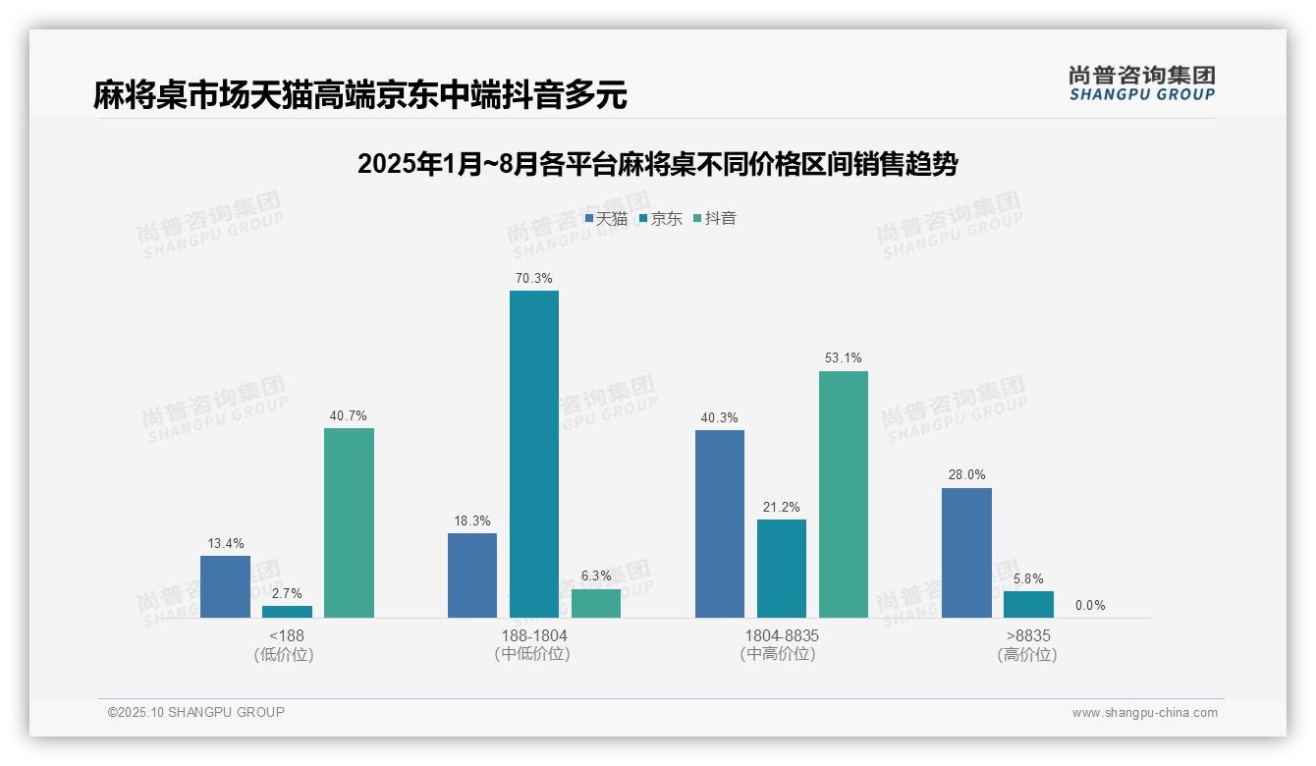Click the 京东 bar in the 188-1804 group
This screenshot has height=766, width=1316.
coord(533,454)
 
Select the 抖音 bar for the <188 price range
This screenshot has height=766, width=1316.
coord(349,522)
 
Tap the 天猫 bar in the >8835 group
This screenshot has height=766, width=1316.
coord(966,553)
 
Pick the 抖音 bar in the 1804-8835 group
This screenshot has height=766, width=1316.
coord(843,494)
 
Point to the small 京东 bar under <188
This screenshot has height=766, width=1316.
coord(287,612)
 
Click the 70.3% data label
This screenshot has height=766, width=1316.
coord(533,279)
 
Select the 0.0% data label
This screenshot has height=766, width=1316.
coord(1090,606)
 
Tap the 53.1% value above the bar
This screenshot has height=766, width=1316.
coord(843,358)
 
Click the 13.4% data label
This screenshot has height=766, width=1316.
coord(225,544)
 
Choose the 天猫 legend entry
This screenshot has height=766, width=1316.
coord(607,219)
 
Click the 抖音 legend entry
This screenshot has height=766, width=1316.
coord(716,219)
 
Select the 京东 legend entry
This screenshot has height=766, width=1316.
coord(661,219)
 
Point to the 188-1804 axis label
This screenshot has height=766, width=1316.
coord(533,636)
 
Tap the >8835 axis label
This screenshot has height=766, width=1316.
coord(1028,636)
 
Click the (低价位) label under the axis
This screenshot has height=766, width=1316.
coord(285,655)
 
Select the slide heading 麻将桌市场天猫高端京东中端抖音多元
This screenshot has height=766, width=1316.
coord(359,95)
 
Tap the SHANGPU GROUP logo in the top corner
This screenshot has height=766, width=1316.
coord(1141,83)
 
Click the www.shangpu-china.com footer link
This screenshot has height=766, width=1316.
coord(1144,713)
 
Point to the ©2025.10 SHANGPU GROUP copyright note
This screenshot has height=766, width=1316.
coord(196,713)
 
